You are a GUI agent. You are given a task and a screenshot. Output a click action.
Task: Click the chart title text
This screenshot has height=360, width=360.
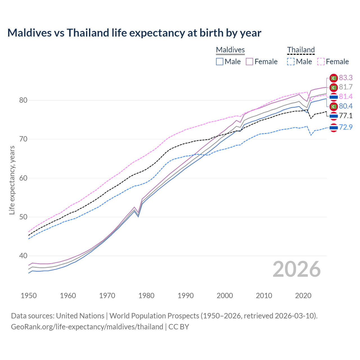[x=134, y=33]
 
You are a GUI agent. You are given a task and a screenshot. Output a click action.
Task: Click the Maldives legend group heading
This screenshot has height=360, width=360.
[x=230, y=50]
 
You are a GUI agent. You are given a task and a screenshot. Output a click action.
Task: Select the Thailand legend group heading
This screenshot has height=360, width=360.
[x=301, y=50]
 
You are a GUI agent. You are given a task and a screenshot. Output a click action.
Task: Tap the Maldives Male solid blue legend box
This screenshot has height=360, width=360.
[x=220, y=62]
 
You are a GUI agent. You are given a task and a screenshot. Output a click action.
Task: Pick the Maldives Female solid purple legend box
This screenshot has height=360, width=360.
[x=249, y=62]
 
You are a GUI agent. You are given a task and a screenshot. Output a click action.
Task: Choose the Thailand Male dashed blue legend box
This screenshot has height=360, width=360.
[x=291, y=62]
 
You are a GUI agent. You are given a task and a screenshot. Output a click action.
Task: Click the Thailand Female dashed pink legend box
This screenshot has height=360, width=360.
[x=321, y=62]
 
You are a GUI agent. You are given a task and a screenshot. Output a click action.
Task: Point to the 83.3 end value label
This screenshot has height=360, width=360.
[x=346, y=78]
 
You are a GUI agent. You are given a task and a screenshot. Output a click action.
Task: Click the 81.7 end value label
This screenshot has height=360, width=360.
[x=346, y=87]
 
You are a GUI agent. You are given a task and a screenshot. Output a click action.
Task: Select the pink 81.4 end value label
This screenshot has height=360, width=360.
[x=346, y=97]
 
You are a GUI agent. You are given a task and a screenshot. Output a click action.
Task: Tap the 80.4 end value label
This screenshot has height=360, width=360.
[x=346, y=106]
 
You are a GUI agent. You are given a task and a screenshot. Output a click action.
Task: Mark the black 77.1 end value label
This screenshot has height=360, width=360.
[x=346, y=116]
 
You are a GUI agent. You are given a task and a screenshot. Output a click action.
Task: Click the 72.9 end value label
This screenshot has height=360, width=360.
[x=346, y=127]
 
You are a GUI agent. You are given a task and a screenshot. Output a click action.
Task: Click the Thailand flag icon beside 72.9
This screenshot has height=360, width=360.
[x=334, y=128]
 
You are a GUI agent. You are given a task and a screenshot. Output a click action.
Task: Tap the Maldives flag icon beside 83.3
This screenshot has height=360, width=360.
[x=334, y=78]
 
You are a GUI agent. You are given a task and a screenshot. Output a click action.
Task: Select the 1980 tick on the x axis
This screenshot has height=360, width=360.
[x=146, y=296]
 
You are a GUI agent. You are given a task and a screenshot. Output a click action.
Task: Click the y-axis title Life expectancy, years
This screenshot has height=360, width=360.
[x=12, y=180]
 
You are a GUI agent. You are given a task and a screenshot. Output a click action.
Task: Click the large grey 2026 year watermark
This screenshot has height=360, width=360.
[x=296, y=269]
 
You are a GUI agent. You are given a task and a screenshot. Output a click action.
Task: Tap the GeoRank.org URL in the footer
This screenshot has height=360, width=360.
[x=87, y=327]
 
